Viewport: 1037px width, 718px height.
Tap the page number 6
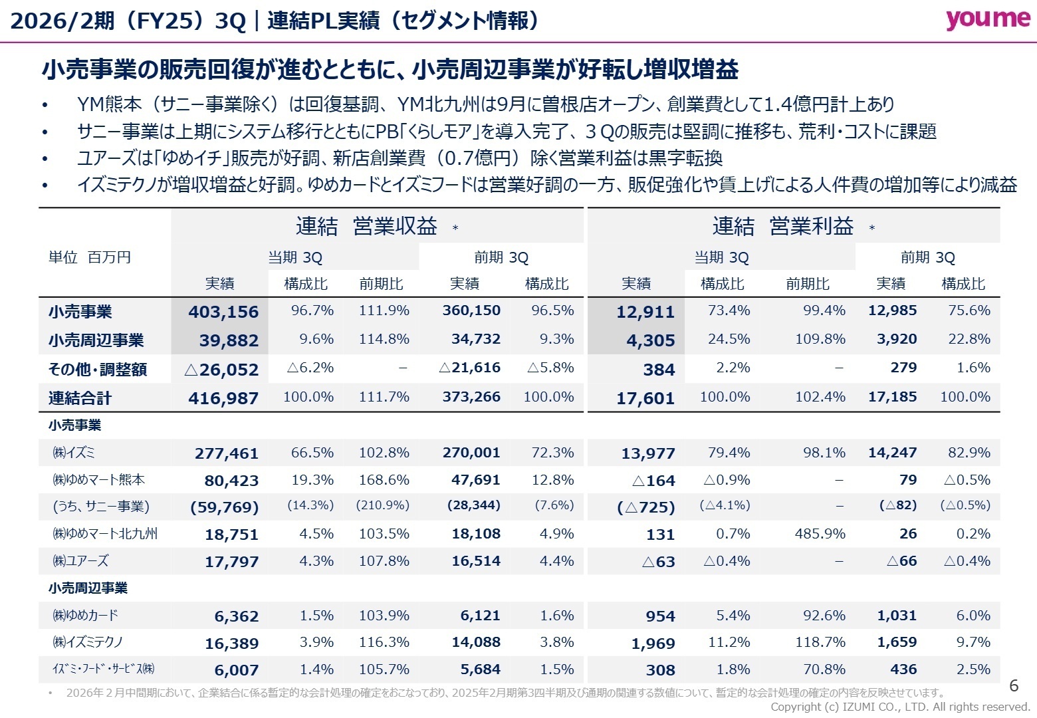(1014, 685)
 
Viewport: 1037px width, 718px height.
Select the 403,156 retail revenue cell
(223, 312)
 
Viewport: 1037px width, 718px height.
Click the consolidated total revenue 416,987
(223, 398)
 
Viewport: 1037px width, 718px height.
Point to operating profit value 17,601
(645, 398)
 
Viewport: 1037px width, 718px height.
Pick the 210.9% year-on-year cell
(382, 505)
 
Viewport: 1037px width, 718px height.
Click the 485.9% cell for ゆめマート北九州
(820, 534)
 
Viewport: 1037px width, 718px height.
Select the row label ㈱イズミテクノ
(88, 642)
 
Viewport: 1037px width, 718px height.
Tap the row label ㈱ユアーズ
(80, 561)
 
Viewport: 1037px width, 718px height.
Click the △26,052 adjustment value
(221, 370)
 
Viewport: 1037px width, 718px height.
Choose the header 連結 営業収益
(366, 227)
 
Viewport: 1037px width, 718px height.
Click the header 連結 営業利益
(783, 227)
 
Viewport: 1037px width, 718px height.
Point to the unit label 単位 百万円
(90, 257)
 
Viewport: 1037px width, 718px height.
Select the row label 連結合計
(80, 398)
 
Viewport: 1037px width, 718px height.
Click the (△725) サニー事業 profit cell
(645, 507)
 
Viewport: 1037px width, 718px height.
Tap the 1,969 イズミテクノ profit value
(653, 643)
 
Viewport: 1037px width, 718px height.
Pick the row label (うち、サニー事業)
(101, 507)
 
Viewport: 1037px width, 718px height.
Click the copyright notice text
(900, 707)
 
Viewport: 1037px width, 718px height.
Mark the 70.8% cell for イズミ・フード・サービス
(824, 669)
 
